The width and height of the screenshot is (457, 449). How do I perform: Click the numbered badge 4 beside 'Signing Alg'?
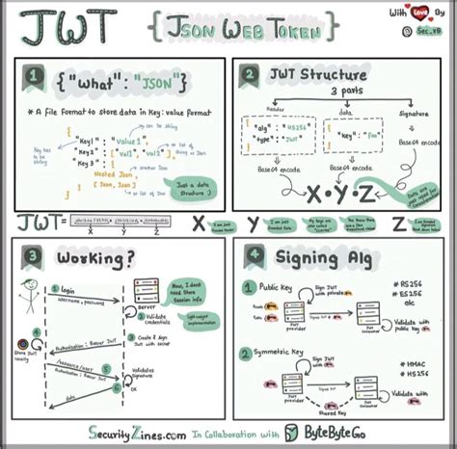(253, 256)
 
